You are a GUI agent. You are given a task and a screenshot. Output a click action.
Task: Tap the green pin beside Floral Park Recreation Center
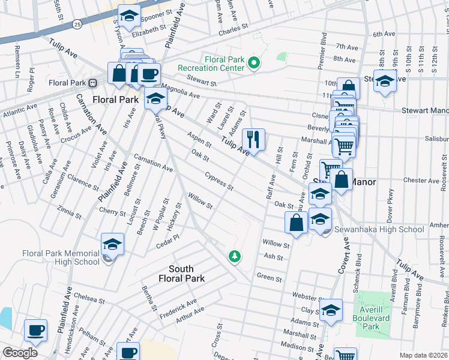pyautogui.click(x=254, y=62)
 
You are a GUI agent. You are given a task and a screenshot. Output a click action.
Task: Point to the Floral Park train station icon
pyautogui.click(x=93, y=83)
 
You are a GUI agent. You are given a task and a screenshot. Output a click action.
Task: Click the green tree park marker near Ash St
pyautogui.click(x=235, y=256)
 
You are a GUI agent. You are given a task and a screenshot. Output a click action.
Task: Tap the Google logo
pyautogui.click(x=19, y=353)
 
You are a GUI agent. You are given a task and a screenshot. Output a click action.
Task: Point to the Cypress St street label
pyautogui.click(x=219, y=181)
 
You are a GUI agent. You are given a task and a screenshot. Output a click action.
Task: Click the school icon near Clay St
pyautogui.click(x=330, y=310)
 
